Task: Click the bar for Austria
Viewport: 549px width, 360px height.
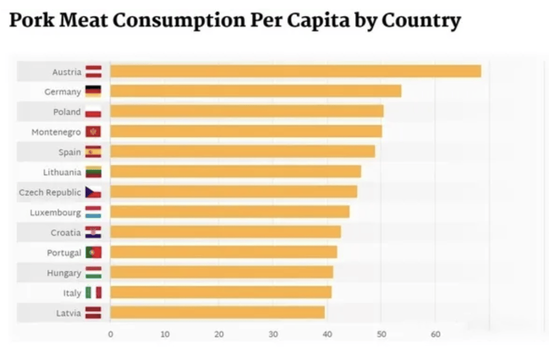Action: (295, 71)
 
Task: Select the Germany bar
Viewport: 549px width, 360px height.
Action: (256, 91)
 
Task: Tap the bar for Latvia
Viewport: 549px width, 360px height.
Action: (217, 312)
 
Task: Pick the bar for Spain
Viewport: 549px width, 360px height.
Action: (242, 152)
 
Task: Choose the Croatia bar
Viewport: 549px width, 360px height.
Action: (225, 232)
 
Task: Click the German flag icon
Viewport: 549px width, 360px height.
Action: (93, 92)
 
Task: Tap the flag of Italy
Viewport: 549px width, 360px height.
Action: (93, 292)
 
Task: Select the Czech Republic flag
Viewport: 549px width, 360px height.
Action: (93, 192)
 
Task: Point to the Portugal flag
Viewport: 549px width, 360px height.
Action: (93, 252)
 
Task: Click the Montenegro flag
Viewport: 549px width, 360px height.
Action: (93, 132)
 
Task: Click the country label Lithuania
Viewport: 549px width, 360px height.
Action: (62, 172)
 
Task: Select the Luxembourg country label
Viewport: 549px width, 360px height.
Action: (55, 213)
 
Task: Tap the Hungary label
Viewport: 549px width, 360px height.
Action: (64, 273)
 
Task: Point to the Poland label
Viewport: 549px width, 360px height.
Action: (67, 112)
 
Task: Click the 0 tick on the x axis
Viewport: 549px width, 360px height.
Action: (110, 334)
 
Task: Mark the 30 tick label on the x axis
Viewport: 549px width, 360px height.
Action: (273, 334)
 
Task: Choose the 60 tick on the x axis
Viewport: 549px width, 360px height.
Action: (435, 334)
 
